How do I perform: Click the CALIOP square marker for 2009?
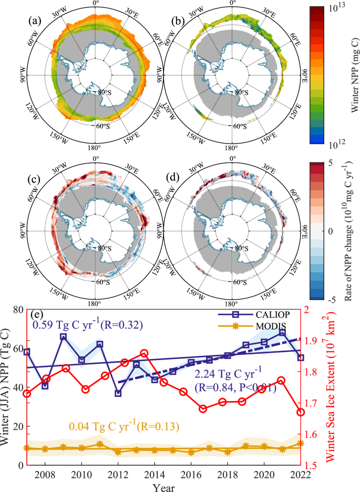click(x=63, y=336)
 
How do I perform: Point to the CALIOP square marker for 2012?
click(x=118, y=393)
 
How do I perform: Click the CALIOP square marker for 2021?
click(x=282, y=333)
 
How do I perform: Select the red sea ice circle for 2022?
click(x=300, y=412)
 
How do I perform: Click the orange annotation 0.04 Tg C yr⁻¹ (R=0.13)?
click(x=115, y=426)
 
